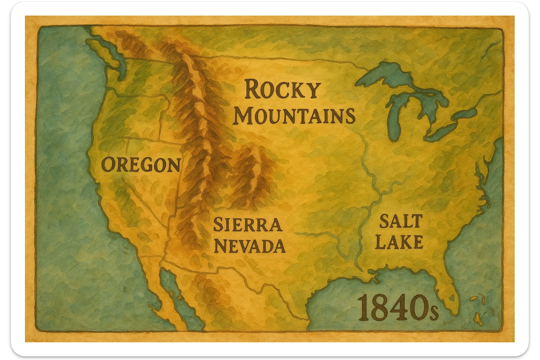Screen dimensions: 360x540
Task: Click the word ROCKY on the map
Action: pyautogui.click(x=282, y=90)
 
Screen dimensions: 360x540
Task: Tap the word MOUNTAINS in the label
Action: pyautogui.click(x=294, y=116)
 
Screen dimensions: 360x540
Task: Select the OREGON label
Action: pyautogui.click(x=141, y=165)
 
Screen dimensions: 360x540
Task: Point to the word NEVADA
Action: pyautogui.click(x=250, y=246)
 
